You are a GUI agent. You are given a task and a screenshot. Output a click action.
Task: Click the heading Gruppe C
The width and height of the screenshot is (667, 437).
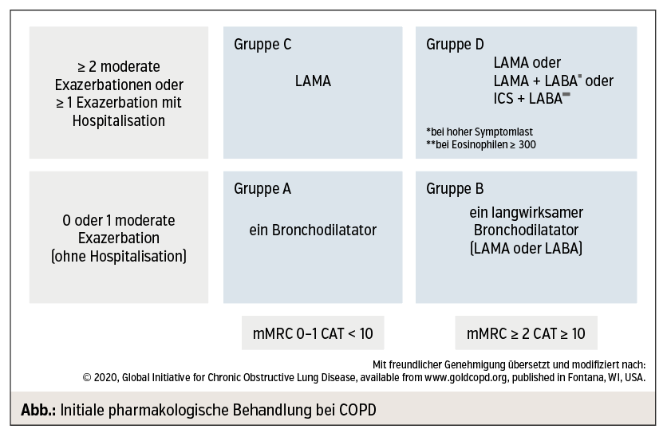click(262, 45)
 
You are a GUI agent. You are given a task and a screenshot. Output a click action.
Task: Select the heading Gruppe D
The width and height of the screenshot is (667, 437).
click(455, 45)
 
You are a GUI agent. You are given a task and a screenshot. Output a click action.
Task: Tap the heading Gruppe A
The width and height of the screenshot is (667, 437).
click(262, 189)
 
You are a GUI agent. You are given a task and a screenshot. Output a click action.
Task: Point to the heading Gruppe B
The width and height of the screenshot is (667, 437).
click(455, 189)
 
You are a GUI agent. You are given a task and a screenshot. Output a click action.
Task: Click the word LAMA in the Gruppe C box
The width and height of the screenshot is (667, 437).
click(313, 81)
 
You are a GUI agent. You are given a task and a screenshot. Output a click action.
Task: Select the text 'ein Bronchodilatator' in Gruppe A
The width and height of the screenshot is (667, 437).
click(313, 230)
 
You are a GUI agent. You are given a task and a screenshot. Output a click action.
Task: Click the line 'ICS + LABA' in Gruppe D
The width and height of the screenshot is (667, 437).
click(531, 98)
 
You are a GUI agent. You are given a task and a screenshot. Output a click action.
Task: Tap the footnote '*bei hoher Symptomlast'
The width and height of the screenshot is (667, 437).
click(480, 132)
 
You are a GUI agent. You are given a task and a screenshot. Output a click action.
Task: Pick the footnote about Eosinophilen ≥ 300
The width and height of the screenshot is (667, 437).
click(481, 144)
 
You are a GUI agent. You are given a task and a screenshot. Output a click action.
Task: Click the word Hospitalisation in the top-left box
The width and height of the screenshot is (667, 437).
click(119, 120)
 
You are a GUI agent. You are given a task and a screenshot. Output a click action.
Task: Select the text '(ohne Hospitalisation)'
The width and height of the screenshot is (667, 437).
click(119, 256)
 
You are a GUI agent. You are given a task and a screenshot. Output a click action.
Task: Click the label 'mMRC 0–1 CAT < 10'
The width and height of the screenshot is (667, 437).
click(313, 333)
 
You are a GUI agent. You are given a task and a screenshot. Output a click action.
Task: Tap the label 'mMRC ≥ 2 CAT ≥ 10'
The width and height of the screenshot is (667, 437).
click(527, 333)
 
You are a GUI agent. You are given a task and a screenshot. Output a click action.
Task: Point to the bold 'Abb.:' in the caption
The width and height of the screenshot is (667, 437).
click(39, 410)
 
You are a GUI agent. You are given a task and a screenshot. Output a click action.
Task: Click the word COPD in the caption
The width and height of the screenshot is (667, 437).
click(357, 410)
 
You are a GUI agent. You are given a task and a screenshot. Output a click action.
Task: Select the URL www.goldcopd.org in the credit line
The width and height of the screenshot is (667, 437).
click(466, 377)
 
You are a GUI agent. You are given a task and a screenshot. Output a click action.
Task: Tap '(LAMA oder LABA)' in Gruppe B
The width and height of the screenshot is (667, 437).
click(527, 248)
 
